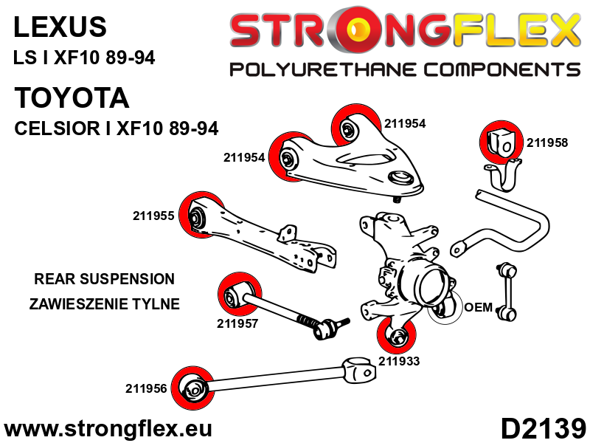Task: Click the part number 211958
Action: [547, 143]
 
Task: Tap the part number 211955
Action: [153, 216]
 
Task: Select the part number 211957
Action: [237, 323]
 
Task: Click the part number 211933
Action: [399, 361]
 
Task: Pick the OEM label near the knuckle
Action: [478, 307]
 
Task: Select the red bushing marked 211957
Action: [236, 295]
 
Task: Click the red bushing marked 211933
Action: [398, 337]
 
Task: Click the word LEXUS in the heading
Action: [60, 27]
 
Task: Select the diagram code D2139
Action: [543, 428]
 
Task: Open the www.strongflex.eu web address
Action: [108, 429]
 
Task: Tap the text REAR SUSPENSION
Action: [104, 279]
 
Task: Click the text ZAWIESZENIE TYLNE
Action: [104, 303]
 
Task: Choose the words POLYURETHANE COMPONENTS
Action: [405, 70]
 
